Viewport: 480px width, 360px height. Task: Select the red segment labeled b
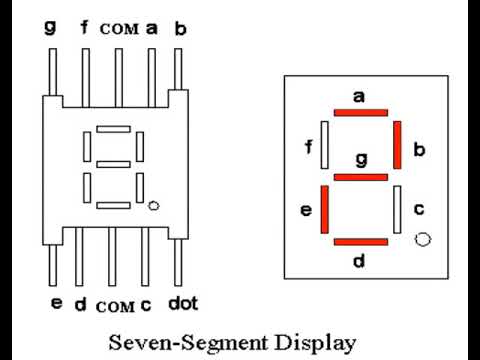[x=397, y=144]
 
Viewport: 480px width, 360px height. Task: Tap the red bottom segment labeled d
[x=359, y=241]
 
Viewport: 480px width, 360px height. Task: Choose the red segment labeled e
[x=323, y=209]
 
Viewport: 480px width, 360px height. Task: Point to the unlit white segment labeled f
[x=323, y=144]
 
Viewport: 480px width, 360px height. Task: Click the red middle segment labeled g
[x=359, y=176]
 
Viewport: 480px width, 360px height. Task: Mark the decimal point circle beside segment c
[x=422, y=239]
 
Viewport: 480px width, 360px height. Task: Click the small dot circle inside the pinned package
[x=152, y=206]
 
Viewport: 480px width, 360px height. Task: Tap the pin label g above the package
[x=50, y=28]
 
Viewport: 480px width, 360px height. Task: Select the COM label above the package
[x=118, y=29]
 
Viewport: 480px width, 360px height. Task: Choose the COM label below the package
[x=115, y=304]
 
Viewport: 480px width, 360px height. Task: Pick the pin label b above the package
[x=180, y=28]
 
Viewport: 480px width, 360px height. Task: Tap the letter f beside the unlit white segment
[x=307, y=148]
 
